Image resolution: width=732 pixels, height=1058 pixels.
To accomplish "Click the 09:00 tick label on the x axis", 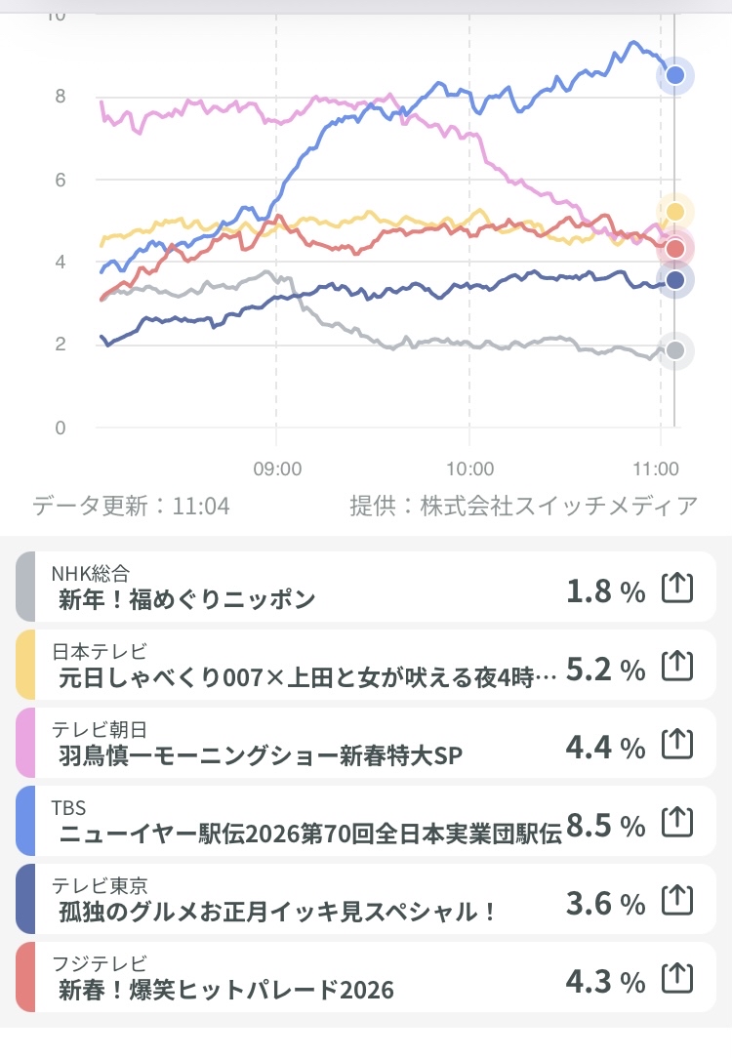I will pyautogui.click(x=277, y=468).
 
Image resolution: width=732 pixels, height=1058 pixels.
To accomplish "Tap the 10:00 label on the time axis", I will pyautogui.click(x=469, y=468).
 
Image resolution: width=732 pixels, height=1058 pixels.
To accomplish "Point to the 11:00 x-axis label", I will pyautogui.click(x=661, y=468).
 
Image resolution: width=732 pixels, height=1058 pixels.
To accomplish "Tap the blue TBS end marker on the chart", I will pyautogui.click(x=674, y=75).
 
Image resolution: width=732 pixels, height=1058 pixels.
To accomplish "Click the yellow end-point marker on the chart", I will pyautogui.click(x=674, y=211).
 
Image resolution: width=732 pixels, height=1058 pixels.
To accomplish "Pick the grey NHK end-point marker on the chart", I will pyautogui.click(x=674, y=350).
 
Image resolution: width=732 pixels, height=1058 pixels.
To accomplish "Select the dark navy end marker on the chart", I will pyautogui.click(x=674, y=281).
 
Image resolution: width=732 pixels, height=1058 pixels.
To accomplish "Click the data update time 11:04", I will pyautogui.click(x=201, y=506).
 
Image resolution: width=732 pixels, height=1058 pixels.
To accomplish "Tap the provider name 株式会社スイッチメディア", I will pyautogui.click(x=559, y=506).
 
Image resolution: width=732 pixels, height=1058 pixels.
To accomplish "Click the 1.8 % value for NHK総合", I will pyautogui.click(x=605, y=590).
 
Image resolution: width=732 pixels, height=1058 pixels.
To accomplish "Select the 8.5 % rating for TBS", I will pyautogui.click(x=605, y=826).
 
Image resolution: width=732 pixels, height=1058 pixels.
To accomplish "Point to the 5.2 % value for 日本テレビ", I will pyautogui.click(x=605, y=669).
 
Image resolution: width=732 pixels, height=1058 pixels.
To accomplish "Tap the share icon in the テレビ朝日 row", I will pyautogui.click(x=677, y=747).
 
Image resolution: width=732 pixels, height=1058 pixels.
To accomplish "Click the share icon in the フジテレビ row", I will pyautogui.click(x=677, y=981).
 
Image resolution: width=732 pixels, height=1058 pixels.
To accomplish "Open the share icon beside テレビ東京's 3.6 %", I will pyautogui.click(x=677, y=903).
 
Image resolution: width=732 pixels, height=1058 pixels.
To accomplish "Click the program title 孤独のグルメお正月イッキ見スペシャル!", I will pyautogui.click(x=278, y=913).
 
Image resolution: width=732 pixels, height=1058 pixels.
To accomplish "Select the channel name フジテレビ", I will pyautogui.click(x=98, y=964).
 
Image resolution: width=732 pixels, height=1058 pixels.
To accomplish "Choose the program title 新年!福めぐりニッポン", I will pyautogui.click(x=186, y=599).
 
